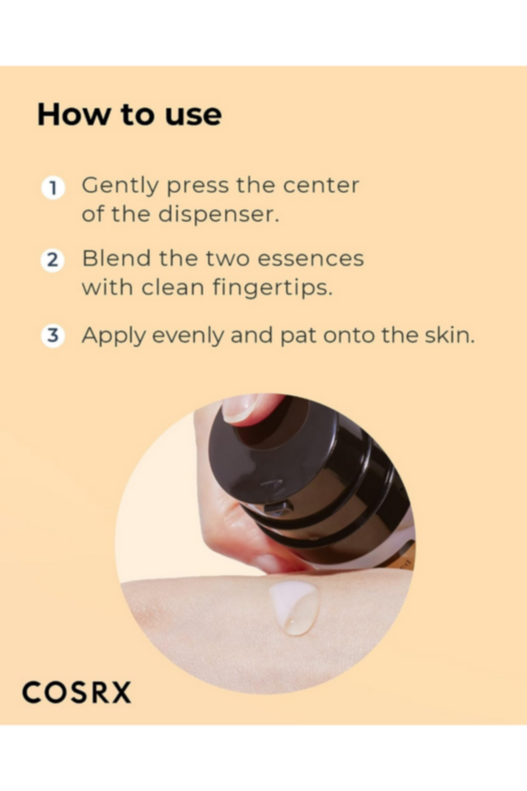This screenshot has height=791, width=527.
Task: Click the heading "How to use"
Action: click(130, 114)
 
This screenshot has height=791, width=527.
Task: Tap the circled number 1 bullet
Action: click(53, 188)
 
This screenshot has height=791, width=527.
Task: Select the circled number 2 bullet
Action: click(52, 260)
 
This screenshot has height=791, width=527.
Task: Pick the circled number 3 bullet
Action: click(52, 335)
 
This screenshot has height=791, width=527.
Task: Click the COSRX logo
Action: click(76, 692)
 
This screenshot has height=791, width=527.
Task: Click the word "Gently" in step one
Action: click(120, 187)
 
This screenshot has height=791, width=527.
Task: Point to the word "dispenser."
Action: click(218, 214)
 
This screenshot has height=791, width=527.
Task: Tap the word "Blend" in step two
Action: click(117, 258)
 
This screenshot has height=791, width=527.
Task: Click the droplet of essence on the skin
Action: click(296, 607)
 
